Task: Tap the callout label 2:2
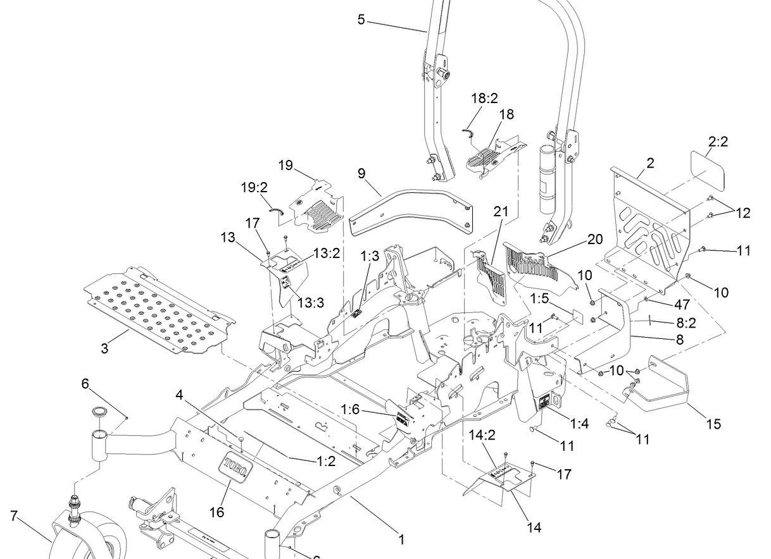coord(718,142)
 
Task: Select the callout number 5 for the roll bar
coord(361,20)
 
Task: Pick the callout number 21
coord(501,212)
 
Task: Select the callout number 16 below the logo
coord(217,512)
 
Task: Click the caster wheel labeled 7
coord(89,537)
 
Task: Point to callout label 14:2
coord(482,434)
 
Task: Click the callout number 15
coord(713,424)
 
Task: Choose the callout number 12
coord(743,213)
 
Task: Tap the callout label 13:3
coord(311,302)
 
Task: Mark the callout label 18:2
coord(485,98)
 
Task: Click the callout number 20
coord(596,240)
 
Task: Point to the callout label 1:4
coord(579,423)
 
